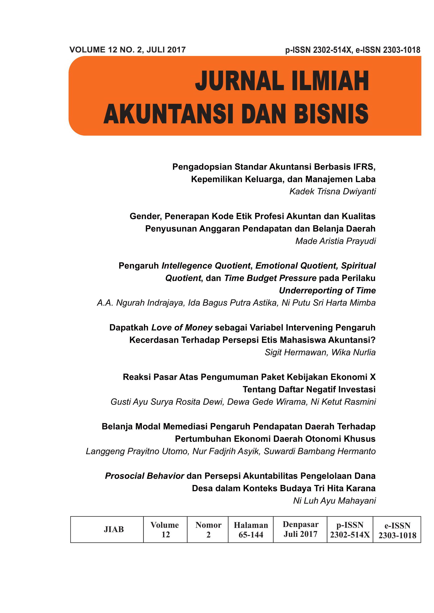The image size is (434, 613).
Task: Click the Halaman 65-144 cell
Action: tap(251, 530)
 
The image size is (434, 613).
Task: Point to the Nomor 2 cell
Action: tap(208, 530)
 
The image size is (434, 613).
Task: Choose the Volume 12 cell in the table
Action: tap(165, 530)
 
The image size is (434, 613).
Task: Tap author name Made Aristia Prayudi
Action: tap(335, 241)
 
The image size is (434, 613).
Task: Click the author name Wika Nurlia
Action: tap(353, 352)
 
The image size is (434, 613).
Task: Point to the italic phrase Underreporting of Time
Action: tap(327, 290)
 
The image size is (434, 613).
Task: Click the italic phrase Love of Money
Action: tap(182, 328)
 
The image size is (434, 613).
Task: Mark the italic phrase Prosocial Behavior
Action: tap(144, 476)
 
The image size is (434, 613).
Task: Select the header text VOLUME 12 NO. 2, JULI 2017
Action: tap(128, 50)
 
